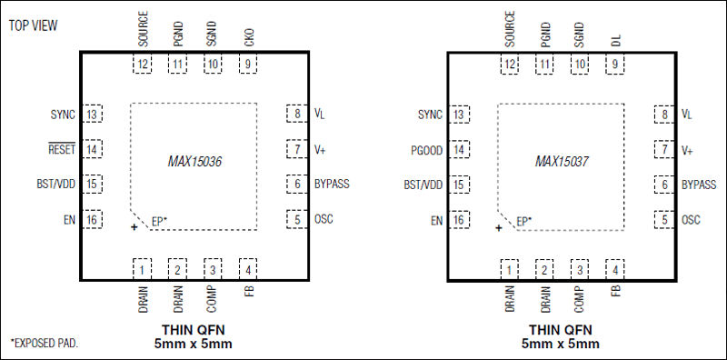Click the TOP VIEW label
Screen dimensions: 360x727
click(34, 25)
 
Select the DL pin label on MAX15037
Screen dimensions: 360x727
click(615, 40)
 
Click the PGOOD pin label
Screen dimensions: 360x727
click(425, 149)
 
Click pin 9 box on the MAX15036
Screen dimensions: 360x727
click(248, 65)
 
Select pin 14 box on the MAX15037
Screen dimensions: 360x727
click(460, 149)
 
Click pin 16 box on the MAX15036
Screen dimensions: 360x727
click(93, 220)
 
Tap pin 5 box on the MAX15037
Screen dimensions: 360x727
click(663, 219)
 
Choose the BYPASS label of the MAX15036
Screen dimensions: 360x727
click(332, 185)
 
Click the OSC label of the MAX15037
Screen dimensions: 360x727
click(692, 219)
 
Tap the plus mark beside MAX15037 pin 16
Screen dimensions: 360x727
click(499, 228)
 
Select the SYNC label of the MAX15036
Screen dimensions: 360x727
click(63, 115)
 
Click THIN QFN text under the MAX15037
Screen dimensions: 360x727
click(560, 329)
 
